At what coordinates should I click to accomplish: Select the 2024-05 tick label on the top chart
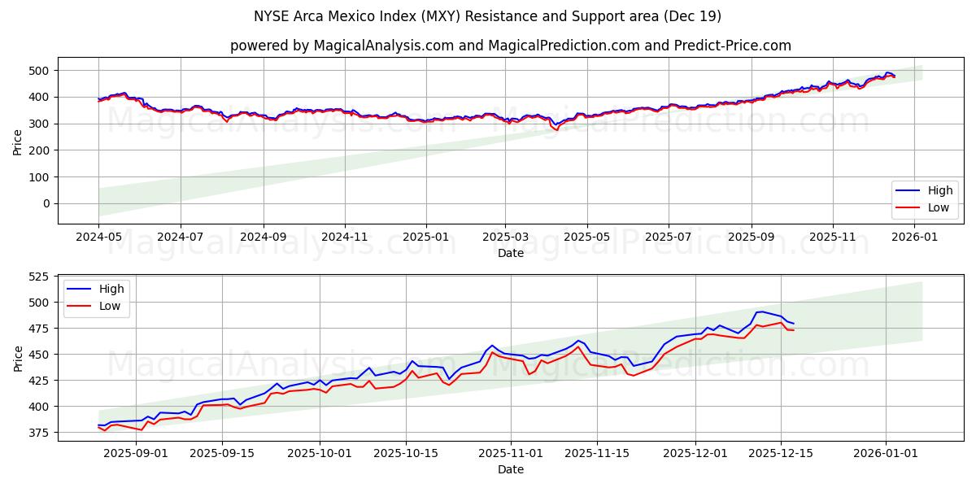(x=98, y=237)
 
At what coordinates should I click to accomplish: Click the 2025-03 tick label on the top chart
(x=505, y=237)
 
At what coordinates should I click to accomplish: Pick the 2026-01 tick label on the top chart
(x=914, y=237)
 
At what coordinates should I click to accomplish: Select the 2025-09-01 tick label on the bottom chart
(x=136, y=453)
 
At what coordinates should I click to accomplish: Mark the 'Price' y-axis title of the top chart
(x=18, y=142)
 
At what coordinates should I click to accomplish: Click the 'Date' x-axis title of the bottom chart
(x=510, y=469)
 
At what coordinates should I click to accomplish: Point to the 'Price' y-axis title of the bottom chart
(x=18, y=358)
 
